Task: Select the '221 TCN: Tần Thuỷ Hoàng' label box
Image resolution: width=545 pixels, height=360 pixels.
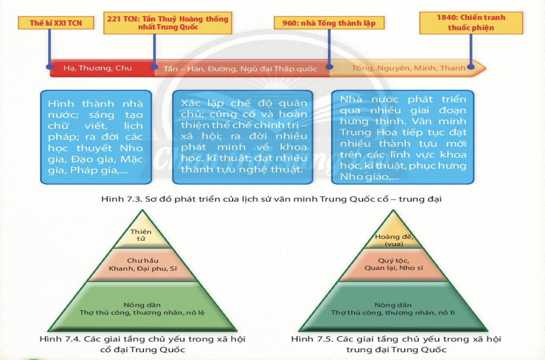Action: pyautogui.click(x=168, y=23)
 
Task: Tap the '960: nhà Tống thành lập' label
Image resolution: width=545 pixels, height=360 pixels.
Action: pyautogui.click(x=329, y=22)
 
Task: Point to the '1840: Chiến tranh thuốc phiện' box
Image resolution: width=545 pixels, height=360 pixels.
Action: pyautogui.click(x=471, y=23)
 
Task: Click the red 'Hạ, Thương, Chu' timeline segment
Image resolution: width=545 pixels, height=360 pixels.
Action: pyautogui.click(x=98, y=68)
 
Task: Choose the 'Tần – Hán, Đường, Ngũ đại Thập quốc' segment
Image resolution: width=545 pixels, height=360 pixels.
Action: pyautogui.click(x=240, y=69)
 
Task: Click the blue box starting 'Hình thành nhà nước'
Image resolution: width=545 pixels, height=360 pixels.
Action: pyautogui.click(x=95, y=137)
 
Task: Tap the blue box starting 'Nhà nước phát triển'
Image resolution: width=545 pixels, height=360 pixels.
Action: pyautogui.click(x=402, y=137)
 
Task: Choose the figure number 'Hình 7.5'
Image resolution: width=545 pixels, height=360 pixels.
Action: pyautogui.click(x=305, y=339)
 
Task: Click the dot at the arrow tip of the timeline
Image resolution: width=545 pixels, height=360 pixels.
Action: pyautogui.click(x=471, y=67)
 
